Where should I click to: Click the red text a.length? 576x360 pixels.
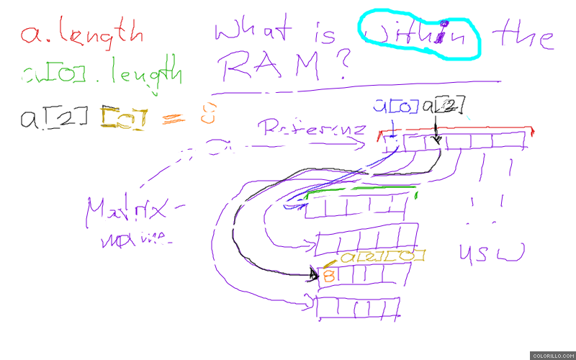click(81, 32)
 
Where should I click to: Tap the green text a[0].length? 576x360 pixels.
click(101, 73)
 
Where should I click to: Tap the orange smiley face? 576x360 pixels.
click(208, 114)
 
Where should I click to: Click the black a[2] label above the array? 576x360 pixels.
click(438, 107)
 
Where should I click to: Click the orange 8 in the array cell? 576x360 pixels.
click(328, 275)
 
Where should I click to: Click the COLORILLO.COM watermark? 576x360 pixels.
click(552, 355)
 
